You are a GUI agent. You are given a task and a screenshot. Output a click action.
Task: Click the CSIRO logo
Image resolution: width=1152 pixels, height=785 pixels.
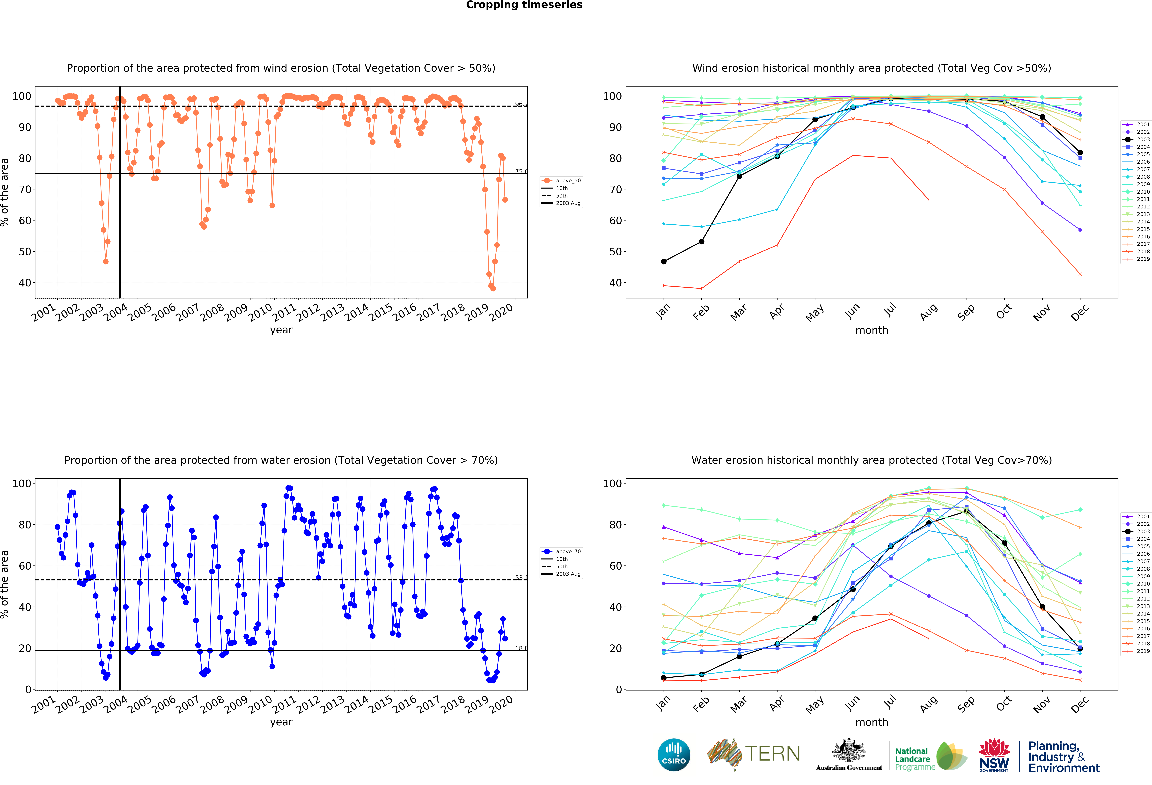coord(674,755)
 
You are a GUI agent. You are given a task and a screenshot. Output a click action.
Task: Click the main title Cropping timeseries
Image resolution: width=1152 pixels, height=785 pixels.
coord(524,5)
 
